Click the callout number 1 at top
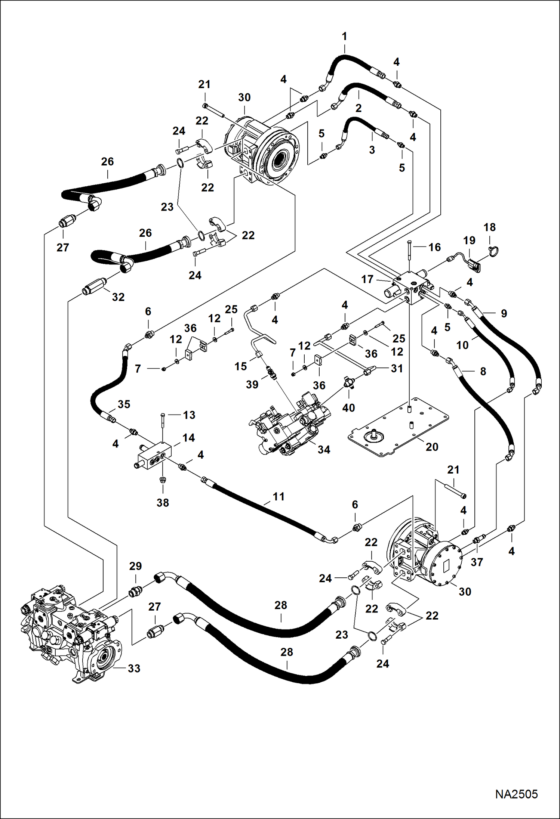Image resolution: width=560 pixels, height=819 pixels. click(x=344, y=37)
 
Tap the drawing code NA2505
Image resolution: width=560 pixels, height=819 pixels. click(x=516, y=794)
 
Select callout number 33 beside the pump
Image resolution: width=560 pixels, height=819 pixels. click(x=134, y=668)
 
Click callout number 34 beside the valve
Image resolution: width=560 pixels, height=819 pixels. click(x=324, y=450)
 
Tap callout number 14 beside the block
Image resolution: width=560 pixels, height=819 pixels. click(x=188, y=438)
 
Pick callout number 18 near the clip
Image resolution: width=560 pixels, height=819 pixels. click(x=489, y=227)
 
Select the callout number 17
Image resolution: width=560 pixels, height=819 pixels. click(x=367, y=279)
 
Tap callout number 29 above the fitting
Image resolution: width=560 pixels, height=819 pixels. click(x=135, y=566)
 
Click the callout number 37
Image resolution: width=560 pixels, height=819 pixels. click(x=477, y=562)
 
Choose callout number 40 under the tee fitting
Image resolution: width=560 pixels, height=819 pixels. click(x=348, y=407)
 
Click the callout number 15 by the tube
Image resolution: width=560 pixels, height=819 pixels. click(x=240, y=366)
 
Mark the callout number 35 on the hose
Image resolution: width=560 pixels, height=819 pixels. click(x=124, y=404)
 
